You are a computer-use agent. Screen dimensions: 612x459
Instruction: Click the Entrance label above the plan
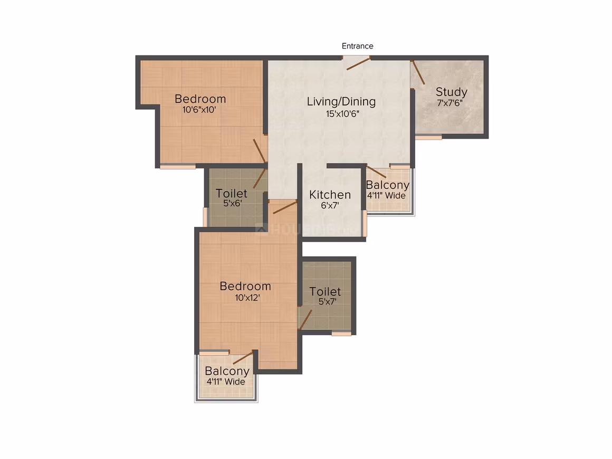pyautogui.click(x=357, y=46)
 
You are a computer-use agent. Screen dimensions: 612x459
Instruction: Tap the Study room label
pyautogui.click(x=451, y=92)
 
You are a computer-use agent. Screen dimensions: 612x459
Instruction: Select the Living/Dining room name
pyautogui.click(x=341, y=101)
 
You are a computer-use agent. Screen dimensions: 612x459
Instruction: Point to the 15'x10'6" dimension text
pyautogui.click(x=342, y=114)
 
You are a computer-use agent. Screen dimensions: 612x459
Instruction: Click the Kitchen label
pyautogui.click(x=330, y=194)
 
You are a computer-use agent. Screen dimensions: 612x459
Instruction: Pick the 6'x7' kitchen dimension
pyautogui.click(x=330, y=206)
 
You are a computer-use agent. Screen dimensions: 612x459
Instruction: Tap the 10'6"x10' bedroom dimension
pyautogui.click(x=199, y=110)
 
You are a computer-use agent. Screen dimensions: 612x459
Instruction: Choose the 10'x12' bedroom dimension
pyautogui.click(x=247, y=298)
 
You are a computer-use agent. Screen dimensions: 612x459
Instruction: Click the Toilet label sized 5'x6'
pyautogui.click(x=232, y=193)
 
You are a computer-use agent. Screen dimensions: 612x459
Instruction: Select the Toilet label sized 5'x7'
pyautogui.click(x=325, y=292)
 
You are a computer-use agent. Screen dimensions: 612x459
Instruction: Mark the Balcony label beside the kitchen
pyautogui.click(x=388, y=185)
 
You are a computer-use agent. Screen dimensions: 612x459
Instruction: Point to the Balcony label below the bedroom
pyautogui.click(x=227, y=371)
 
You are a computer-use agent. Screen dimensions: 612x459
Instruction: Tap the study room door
pyautogui.click(x=418, y=73)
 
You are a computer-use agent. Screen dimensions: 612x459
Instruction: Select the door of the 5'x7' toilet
pyautogui.click(x=305, y=320)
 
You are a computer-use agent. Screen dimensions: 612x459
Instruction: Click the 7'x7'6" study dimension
pyautogui.click(x=450, y=103)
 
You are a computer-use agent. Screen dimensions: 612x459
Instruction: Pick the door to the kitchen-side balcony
pyautogui.click(x=376, y=172)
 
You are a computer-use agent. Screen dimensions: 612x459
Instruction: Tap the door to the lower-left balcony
pyautogui.click(x=243, y=358)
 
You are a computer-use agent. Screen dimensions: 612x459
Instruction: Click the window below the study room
pyautogui.click(x=428, y=137)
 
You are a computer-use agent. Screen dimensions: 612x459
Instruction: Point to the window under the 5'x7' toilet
pyautogui.click(x=341, y=334)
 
